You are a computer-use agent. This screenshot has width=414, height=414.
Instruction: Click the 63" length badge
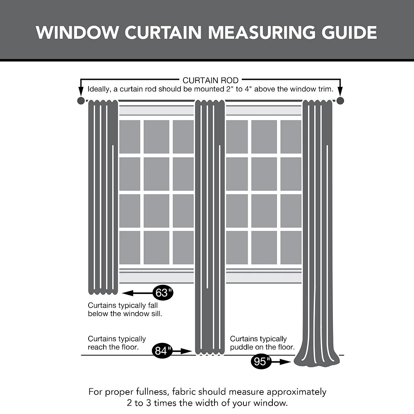tap(163, 293)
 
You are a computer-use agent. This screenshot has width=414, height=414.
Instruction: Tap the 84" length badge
tap(163, 351)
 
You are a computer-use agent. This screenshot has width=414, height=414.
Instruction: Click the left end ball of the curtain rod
tap(81, 101)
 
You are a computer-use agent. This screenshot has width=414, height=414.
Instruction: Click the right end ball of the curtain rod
tap(340, 101)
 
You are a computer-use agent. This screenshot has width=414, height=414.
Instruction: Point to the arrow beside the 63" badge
tap(137, 293)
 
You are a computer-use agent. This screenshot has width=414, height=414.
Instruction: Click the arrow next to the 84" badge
tap(183, 351)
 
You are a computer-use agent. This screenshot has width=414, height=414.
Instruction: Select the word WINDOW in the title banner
tap(74, 33)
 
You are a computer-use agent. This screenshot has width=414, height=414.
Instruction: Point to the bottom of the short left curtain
tap(103, 292)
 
